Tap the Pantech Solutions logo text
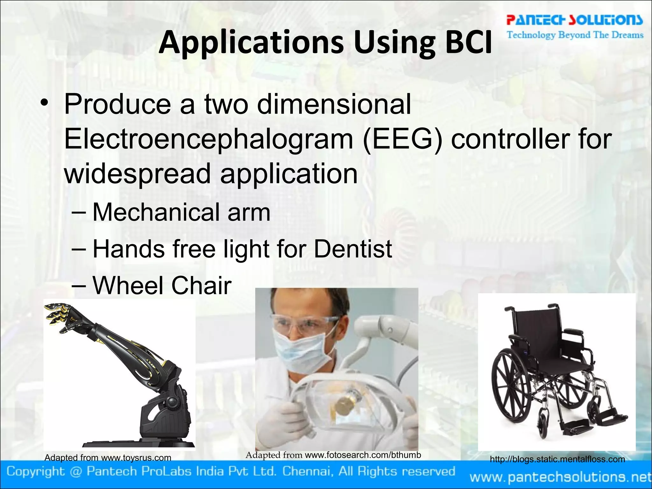[x=574, y=20]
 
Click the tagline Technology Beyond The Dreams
[x=575, y=35]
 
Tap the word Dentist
[x=353, y=249]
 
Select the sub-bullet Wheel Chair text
[x=162, y=286]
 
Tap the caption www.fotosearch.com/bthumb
[x=363, y=455]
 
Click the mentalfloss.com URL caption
[x=557, y=459]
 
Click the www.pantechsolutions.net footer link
[x=560, y=477]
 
